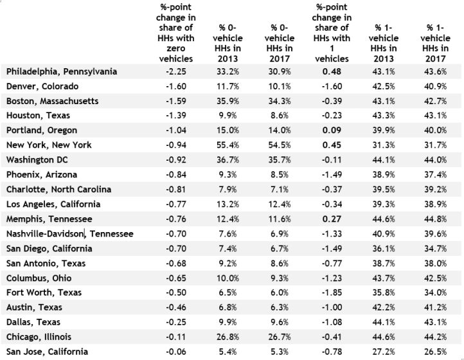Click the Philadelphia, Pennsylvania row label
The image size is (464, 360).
click(x=62, y=71)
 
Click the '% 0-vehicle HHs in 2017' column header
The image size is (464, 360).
click(x=281, y=38)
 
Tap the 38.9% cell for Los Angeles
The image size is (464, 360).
click(x=438, y=204)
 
